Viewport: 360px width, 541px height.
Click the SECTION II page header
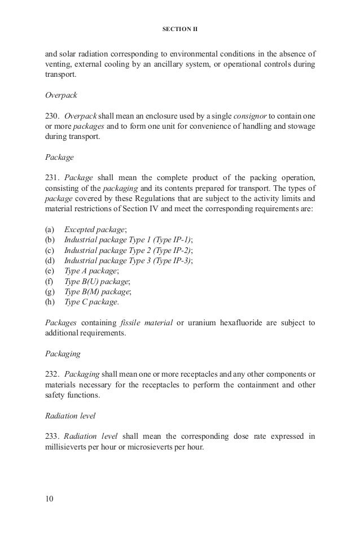180,27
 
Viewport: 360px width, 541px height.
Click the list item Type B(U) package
96,281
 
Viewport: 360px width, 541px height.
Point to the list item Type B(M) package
98,291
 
